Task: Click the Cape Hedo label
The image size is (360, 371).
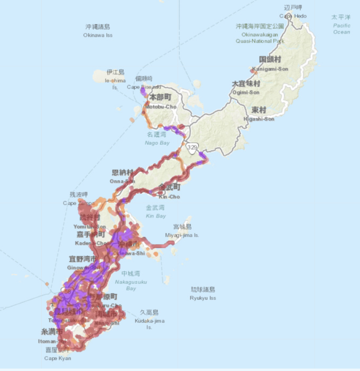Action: click(293, 12)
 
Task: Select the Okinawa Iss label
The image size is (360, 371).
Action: click(97, 31)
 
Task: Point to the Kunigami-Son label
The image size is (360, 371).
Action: click(270, 64)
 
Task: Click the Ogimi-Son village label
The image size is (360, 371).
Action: click(246, 88)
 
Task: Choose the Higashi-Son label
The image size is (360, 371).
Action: click(259, 114)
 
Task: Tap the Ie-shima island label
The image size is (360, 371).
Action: click(115, 76)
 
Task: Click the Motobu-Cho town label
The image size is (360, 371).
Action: click(160, 102)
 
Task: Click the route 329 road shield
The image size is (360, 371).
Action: click(191, 147)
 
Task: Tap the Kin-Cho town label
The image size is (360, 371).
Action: click(169, 191)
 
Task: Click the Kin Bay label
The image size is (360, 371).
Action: click(156, 212)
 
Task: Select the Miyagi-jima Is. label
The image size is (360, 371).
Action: click(181, 231)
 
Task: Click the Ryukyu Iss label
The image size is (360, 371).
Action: click(202, 294)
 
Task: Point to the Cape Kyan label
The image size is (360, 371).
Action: click(58, 355)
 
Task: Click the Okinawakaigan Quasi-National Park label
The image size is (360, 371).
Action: click(260, 34)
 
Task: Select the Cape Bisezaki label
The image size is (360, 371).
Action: click(144, 82)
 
